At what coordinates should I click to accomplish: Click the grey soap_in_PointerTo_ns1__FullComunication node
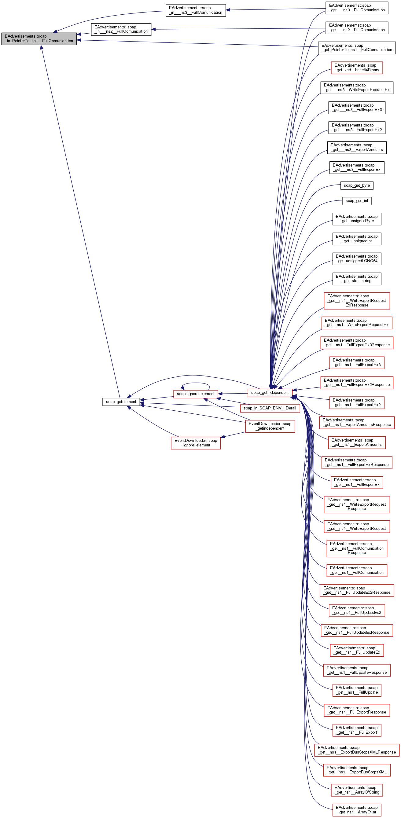coord(39,39)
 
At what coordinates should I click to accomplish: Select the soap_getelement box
coord(121,402)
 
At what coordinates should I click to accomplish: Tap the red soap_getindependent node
coord(270,392)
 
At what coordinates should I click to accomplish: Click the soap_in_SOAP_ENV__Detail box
coord(270,408)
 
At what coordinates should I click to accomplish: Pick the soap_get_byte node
coord(356,185)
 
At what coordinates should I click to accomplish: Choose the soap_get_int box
coord(356,201)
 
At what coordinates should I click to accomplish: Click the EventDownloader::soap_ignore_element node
coord(195,443)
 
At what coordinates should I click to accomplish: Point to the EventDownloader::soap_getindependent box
coord(270,426)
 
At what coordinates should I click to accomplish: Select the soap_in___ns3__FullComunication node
coord(195,10)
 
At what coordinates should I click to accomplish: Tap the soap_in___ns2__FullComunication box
coord(121,29)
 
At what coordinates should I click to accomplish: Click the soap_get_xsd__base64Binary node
coord(356,68)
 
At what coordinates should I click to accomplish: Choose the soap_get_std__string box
coord(356,278)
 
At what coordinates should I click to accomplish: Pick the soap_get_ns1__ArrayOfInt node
coord(356,810)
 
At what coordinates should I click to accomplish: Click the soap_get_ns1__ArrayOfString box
coord(356,790)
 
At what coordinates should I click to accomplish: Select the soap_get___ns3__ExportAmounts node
coord(356,147)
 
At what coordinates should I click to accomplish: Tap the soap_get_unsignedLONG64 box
coord(356,259)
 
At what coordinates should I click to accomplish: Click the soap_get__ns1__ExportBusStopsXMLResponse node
coord(356,750)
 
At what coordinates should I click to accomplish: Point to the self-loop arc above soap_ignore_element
coord(195,383)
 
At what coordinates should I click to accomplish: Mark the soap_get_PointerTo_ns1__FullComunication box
coord(356,48)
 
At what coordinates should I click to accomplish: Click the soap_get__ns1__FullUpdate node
coord(356,690)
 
